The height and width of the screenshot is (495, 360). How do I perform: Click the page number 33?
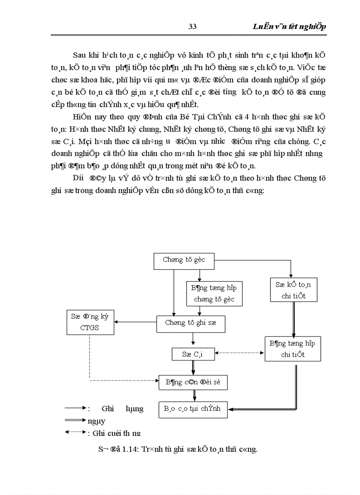192,26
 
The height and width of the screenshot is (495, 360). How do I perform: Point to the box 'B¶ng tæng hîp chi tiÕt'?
292,349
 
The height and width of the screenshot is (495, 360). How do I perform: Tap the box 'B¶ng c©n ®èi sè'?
193,382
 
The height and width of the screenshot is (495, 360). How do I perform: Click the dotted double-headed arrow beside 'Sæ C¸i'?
240,353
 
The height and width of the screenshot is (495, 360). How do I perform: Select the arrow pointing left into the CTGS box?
137,322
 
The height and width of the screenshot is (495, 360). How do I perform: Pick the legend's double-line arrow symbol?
75,420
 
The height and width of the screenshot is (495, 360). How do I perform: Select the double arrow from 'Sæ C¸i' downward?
193,367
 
